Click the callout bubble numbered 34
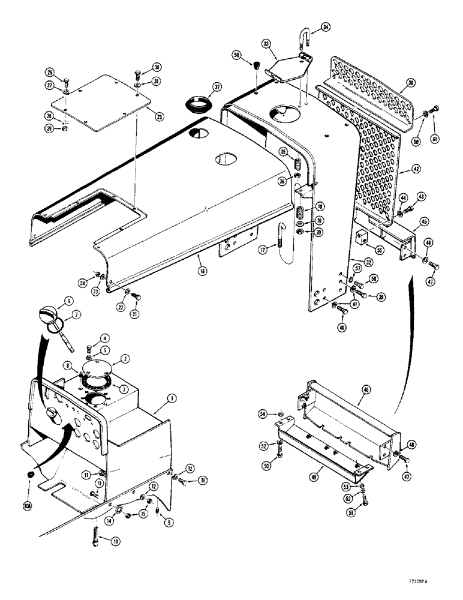[325, 27]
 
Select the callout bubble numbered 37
[217, 86]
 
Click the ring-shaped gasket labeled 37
[199, 103]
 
